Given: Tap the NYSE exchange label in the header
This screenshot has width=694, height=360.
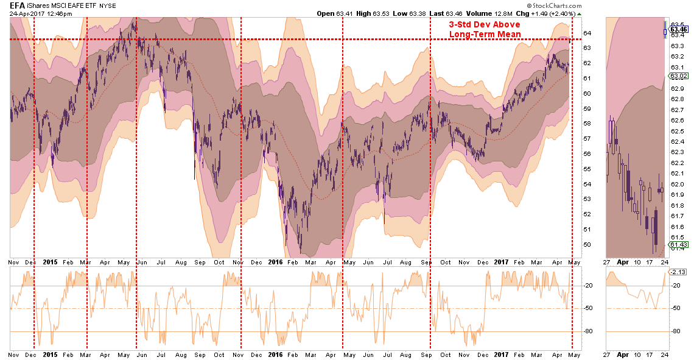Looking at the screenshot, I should tap(108, 5).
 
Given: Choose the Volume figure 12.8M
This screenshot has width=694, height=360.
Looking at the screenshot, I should tap(488, 13).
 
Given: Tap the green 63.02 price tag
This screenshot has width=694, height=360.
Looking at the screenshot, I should tap(678, 76).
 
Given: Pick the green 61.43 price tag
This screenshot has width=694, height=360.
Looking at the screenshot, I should tap(678, 245).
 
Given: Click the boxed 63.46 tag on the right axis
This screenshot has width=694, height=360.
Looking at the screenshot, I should tap(678, 29).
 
